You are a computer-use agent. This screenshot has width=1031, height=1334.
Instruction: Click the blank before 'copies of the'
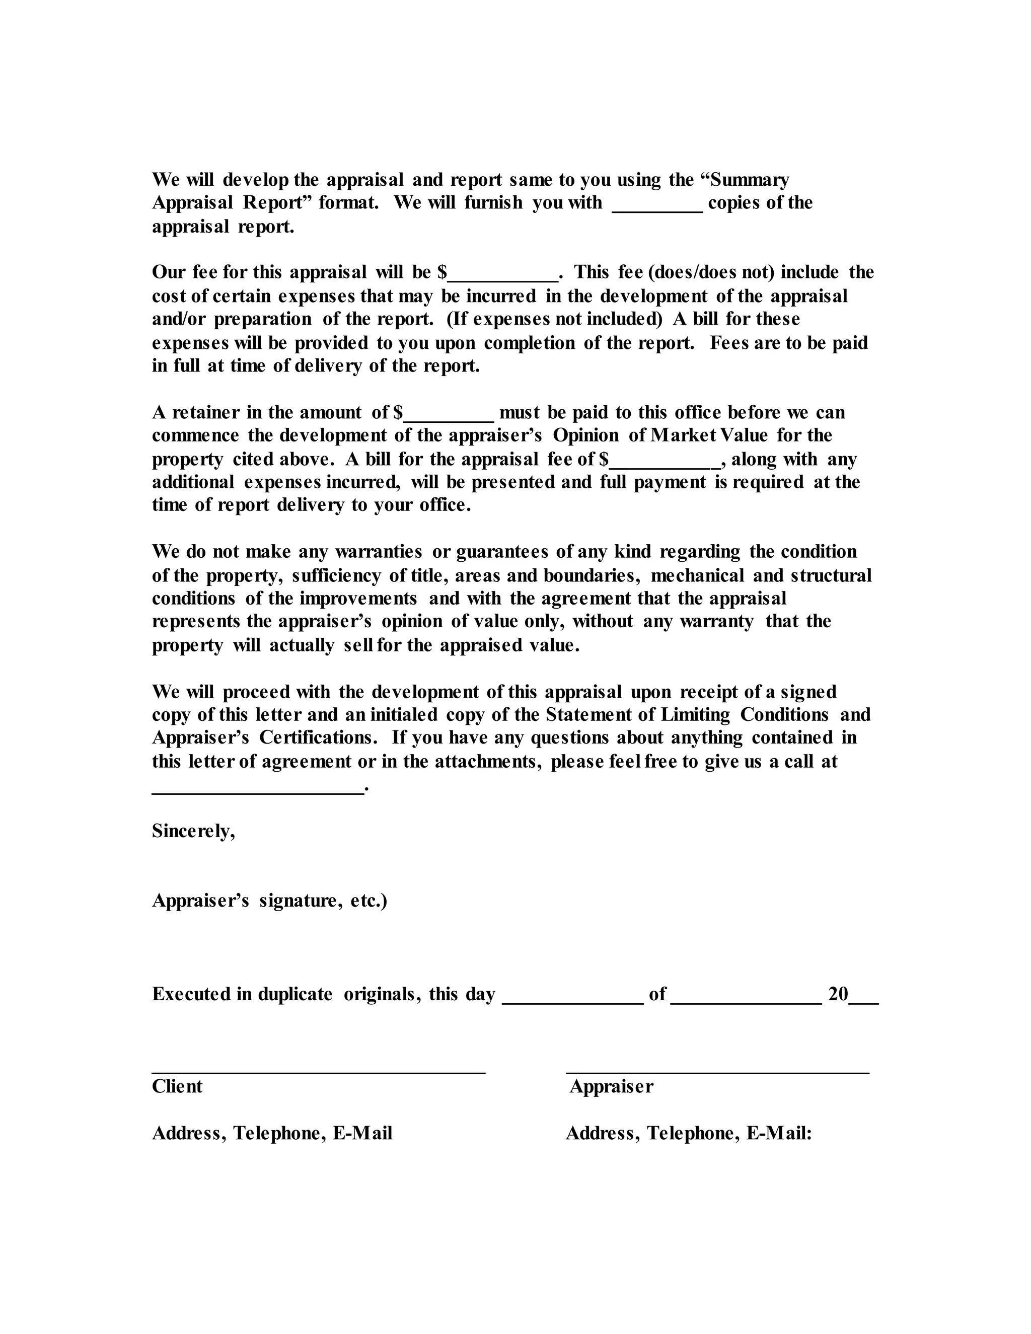point(657,208)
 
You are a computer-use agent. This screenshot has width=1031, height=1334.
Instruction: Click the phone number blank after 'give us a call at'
point(257,789)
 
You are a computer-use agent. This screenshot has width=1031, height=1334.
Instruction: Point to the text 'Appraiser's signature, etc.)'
point(269,901)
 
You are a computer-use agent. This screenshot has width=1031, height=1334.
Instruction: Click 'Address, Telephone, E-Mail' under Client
point(272,1134)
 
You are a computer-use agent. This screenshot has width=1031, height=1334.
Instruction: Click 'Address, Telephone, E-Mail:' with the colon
point(688,1134)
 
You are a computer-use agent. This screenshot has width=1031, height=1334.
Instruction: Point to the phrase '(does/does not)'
point(710,272)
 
